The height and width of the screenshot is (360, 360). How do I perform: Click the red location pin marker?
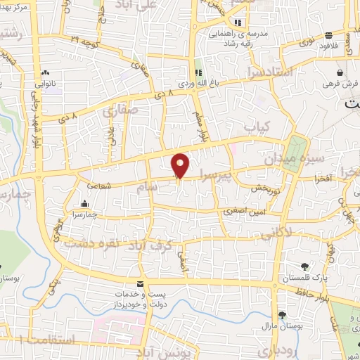pyautogui.click(x=181, y=165)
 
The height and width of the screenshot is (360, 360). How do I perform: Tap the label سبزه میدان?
pyautogui.click(x=285, y=159)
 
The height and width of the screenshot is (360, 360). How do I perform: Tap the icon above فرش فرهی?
pyautogui.click(x=340, y=72)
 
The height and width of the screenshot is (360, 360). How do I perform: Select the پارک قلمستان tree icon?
pyautogui.click(x=304, y=266)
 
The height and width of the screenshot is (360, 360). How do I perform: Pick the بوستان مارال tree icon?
pyautogui.click(x=282, y=314)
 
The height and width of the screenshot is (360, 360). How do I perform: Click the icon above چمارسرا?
pyautogui.click(x=84, y=205)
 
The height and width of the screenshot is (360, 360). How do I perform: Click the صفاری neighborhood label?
pyautogui.click(x=122, y=110)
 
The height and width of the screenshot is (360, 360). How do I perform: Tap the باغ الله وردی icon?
pyautogui.click(x=198, y=73)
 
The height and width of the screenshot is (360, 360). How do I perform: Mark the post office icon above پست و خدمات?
pyautogui.click(x=141, y=283)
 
